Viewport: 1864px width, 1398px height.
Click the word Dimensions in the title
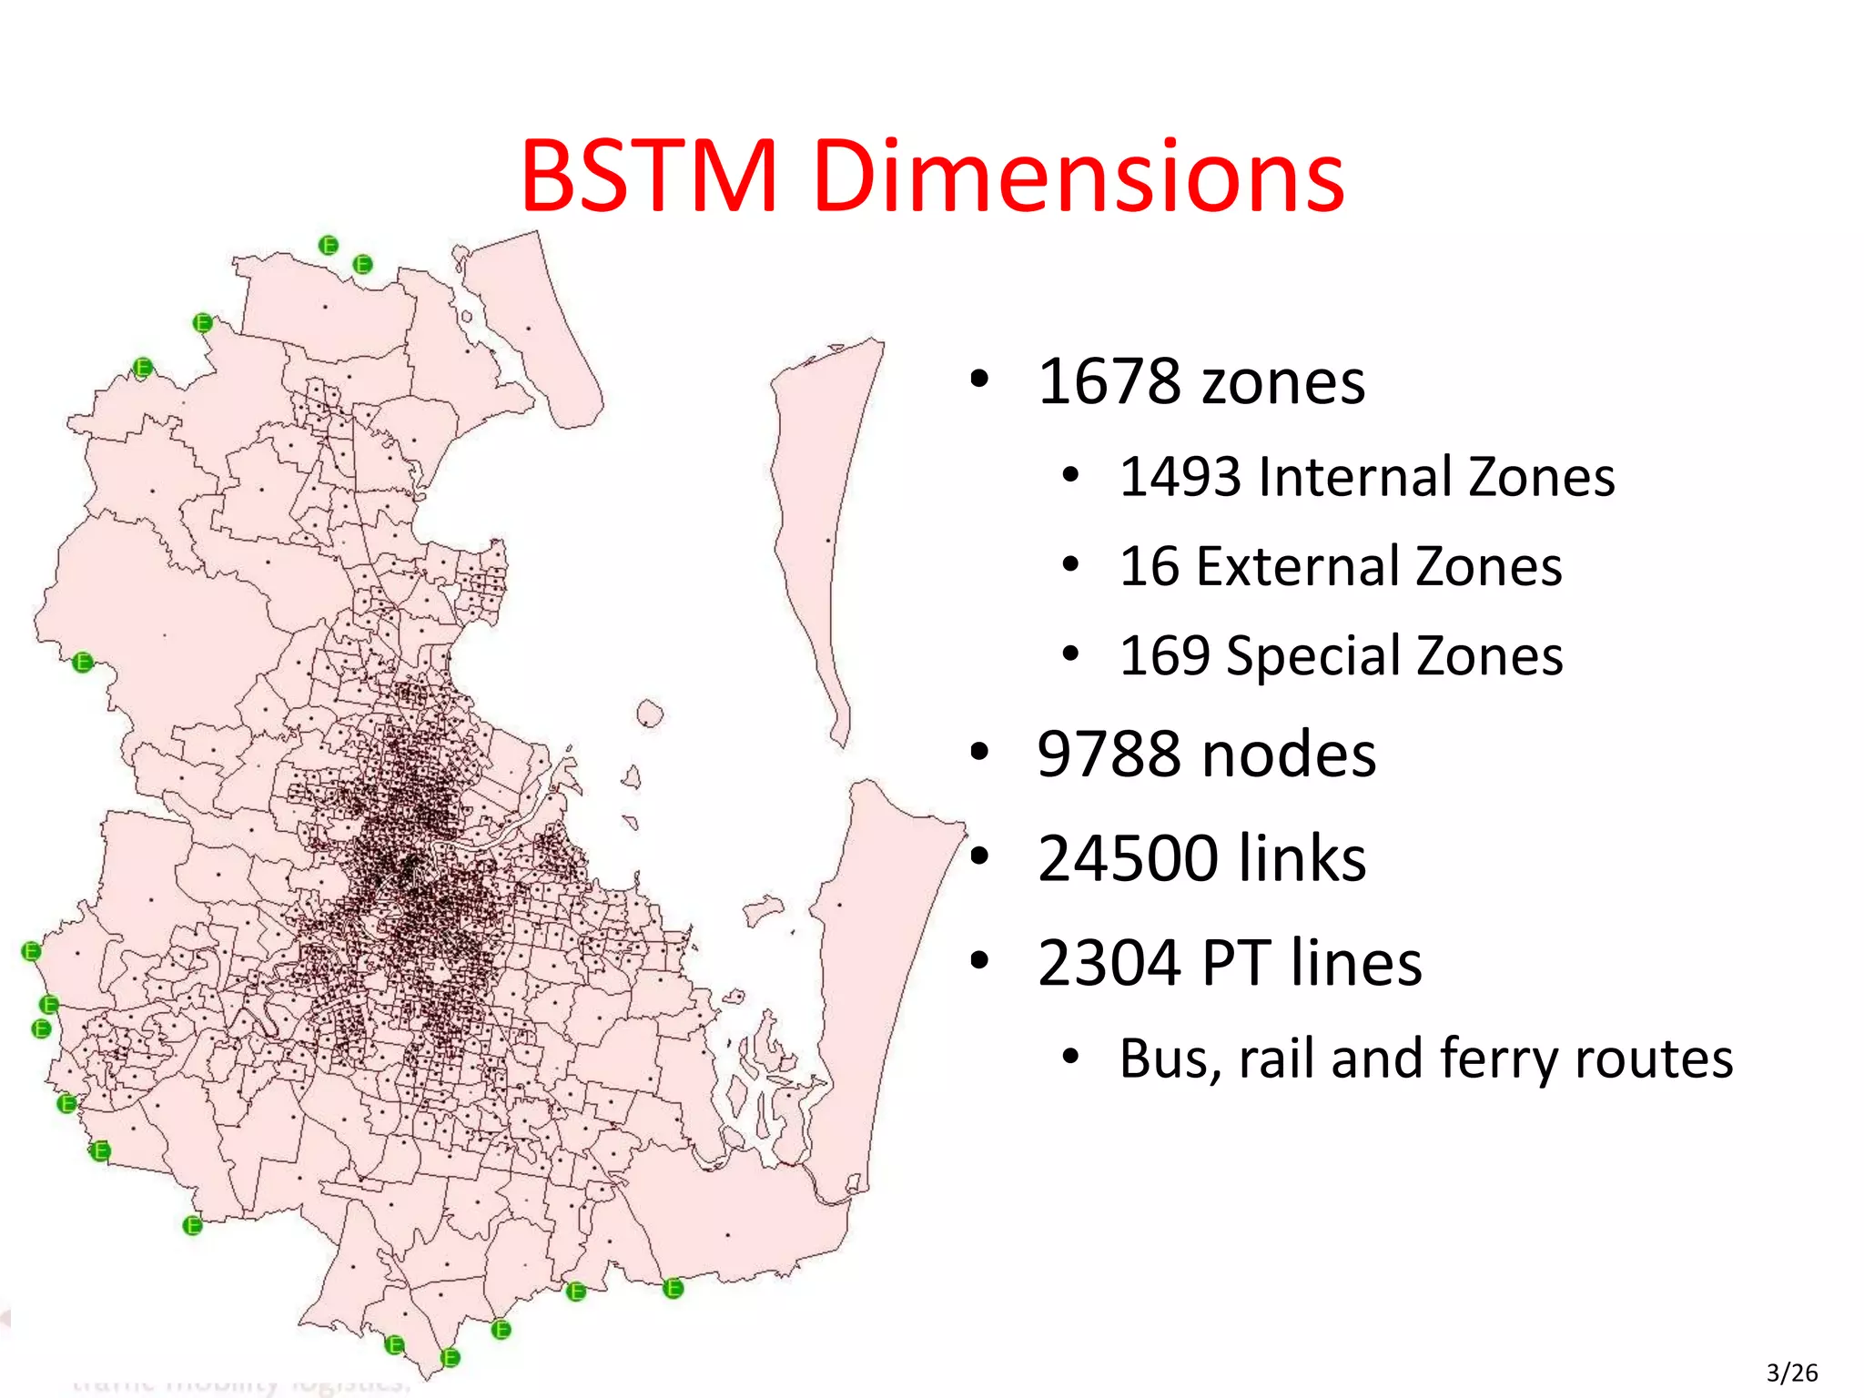coord(1079,177)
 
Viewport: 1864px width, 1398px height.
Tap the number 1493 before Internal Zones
coord(1180,477)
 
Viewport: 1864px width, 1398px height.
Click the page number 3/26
coord(1791,1373)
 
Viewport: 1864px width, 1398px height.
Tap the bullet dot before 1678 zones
coord(979,379)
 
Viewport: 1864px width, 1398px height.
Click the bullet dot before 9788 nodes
coord(979,753)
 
